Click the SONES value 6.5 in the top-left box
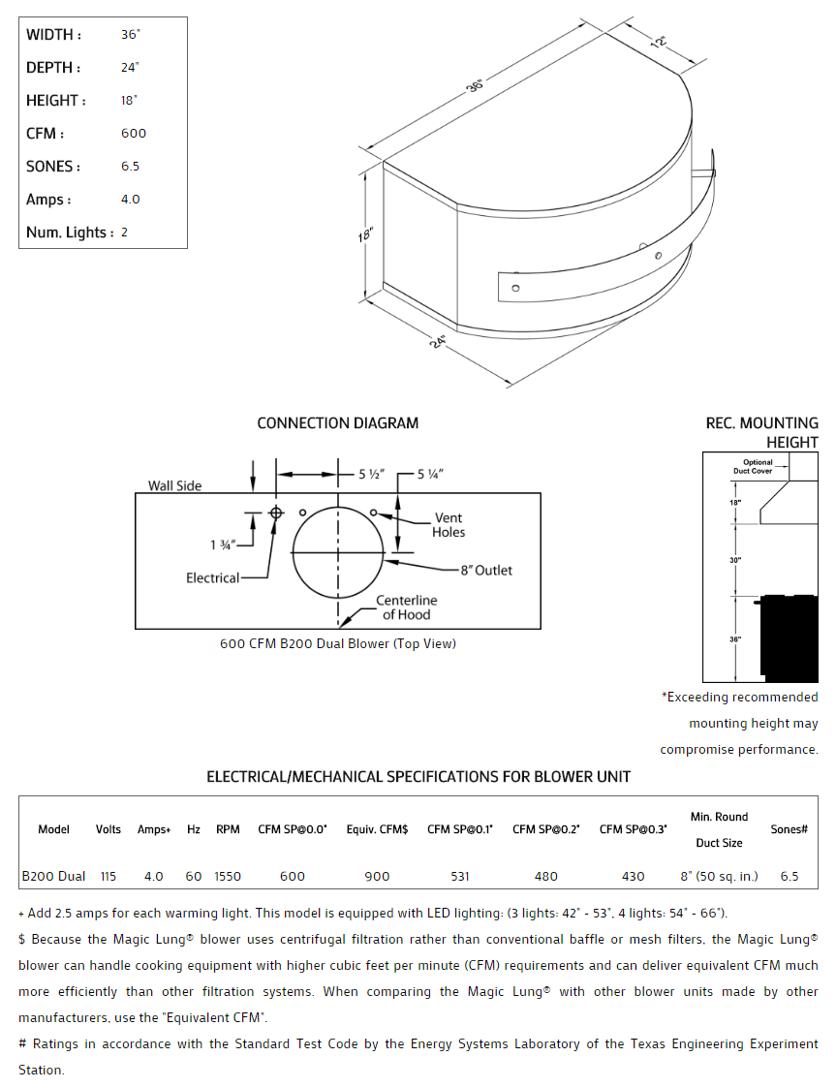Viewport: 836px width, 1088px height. point(130,167)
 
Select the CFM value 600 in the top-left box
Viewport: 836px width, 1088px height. point(134,134)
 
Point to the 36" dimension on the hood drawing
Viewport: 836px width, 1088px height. point(475,86)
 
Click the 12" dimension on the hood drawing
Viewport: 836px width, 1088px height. point(660,43)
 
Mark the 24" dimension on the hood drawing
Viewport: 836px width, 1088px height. point(438,342)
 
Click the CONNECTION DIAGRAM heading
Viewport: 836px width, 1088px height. point(337,423)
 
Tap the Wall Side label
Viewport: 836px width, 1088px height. point(174,485)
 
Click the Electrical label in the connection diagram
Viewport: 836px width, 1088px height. point(212,578)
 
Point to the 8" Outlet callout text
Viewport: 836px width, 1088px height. point(486,571)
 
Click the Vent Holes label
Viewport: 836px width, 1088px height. point(449,525)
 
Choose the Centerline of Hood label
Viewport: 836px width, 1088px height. point(406,607)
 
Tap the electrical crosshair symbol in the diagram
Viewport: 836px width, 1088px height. point(276,512)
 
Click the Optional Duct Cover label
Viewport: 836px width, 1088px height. point(758,467)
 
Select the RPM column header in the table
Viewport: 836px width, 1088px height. point(228,829)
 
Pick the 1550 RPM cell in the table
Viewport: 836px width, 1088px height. point(228,876)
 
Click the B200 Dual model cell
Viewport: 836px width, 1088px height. point(53,876)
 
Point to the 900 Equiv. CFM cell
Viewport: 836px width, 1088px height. point(377,876)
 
